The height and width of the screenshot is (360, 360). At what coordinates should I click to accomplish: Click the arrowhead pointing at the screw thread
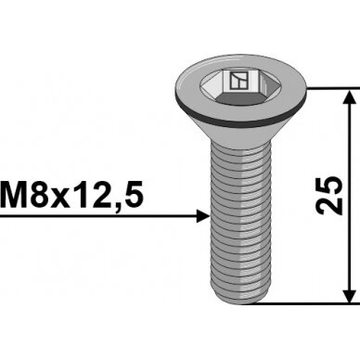[203, 216]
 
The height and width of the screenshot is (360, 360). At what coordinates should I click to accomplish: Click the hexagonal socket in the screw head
[236, 87]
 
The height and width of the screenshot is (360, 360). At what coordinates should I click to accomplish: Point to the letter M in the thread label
[14, 194]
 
